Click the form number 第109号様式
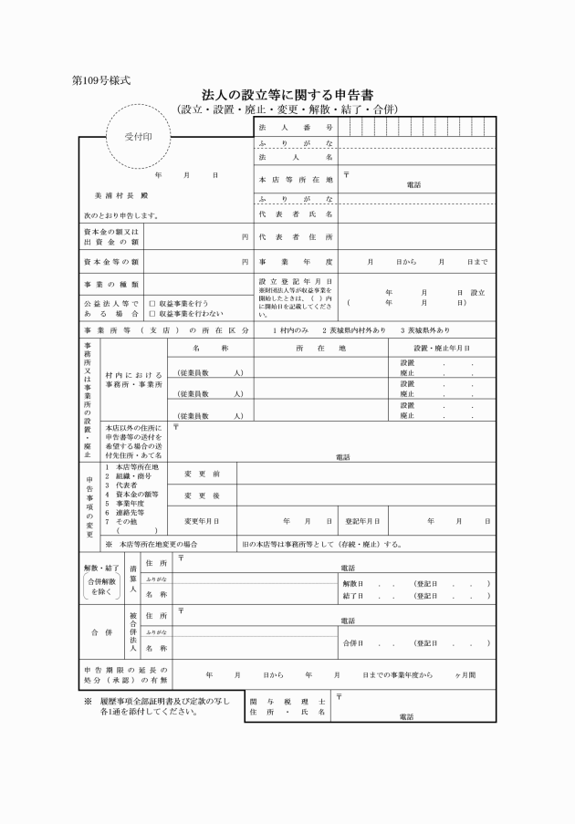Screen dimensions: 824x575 [100, 79]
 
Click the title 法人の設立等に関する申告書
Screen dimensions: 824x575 [287, 95]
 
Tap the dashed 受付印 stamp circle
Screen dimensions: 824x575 [139, 137]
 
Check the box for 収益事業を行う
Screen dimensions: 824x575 [152, 303]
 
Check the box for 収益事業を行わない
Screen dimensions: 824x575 [152, 313]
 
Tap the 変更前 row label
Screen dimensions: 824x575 [202, 475]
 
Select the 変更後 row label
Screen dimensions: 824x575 [202, 496]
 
